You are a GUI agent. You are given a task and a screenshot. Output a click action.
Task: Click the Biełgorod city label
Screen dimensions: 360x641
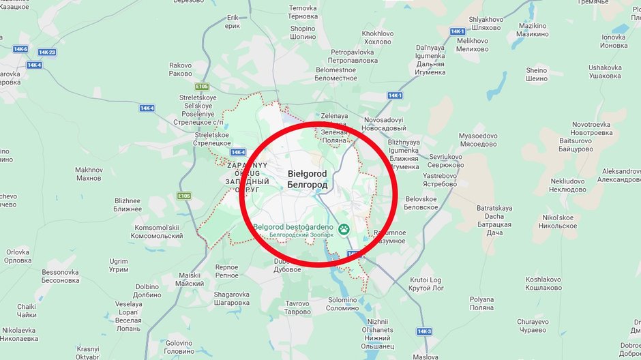(308, 179)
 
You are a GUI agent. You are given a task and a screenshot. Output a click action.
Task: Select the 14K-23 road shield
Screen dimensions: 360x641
(47, 52)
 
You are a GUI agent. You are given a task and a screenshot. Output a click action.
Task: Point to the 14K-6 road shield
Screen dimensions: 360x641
(20, 49)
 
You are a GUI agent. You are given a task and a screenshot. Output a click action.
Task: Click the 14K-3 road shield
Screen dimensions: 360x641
(424, 331)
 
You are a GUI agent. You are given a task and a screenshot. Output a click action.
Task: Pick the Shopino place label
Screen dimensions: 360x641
(303, 33)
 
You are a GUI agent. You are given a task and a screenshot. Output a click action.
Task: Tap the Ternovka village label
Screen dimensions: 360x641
(303, 12)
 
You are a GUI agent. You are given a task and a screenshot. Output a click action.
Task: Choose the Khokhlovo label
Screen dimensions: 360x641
(378, 37)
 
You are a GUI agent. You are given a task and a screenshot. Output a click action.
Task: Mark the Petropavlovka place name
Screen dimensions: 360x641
(353, 56)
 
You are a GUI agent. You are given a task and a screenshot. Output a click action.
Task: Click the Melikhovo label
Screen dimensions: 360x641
(472, 44)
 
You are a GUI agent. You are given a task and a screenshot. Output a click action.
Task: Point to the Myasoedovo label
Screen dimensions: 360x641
(478, 140)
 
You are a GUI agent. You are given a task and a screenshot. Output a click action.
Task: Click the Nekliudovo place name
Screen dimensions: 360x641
(567, 185)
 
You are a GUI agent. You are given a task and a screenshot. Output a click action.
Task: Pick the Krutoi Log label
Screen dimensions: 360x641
(426, 284)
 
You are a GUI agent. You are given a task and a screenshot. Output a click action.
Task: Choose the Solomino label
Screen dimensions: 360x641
(342, 303)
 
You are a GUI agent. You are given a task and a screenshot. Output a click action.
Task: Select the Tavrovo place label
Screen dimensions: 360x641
(297, 307)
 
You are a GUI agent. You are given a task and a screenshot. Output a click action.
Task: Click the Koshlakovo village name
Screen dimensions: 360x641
(543, 283)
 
